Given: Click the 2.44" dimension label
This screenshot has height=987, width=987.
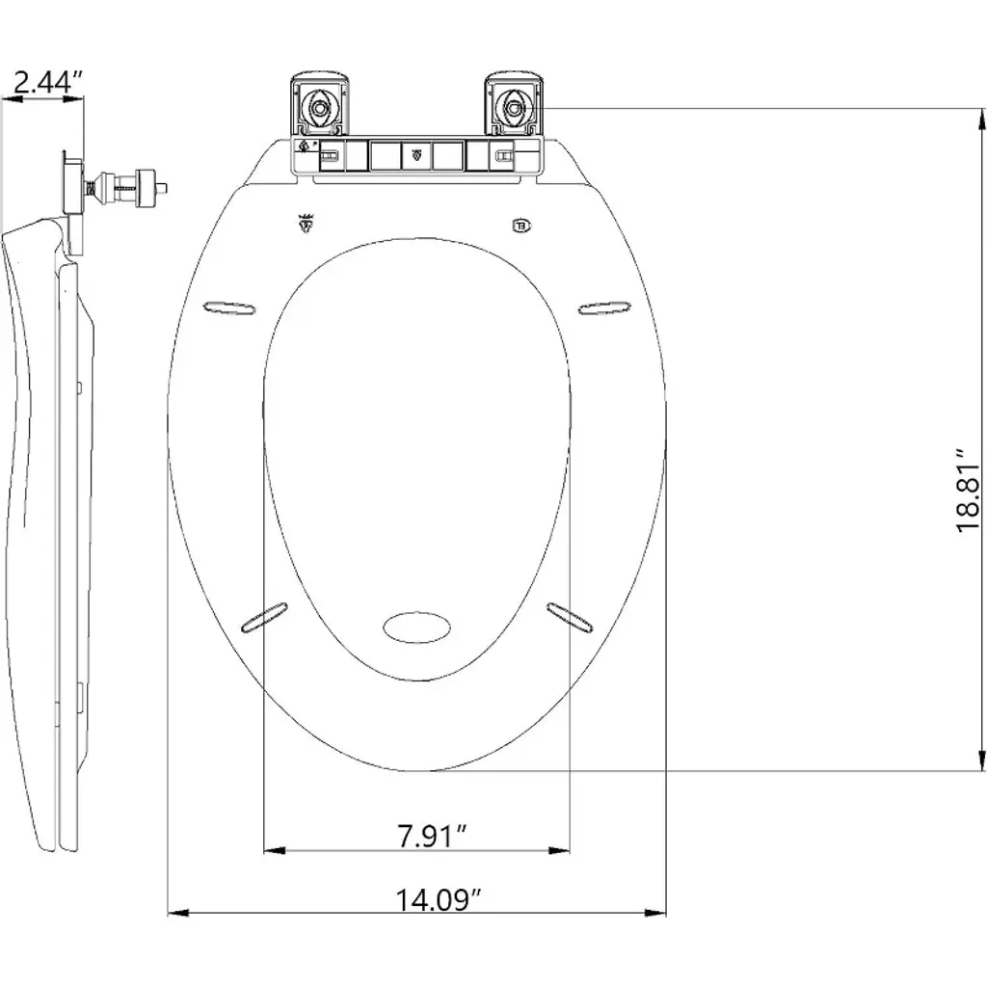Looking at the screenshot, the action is click(x=48, y=82).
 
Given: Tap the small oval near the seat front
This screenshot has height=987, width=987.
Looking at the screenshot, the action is click(x=416, y=627).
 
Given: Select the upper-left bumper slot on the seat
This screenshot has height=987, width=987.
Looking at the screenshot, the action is click(x=229, y=307).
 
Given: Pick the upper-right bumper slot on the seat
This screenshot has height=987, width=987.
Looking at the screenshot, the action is click(x=605, y=307).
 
